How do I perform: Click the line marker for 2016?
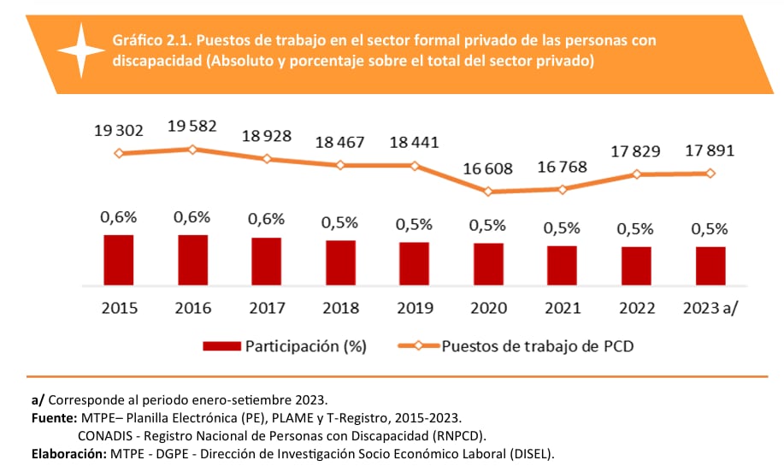pos(192,150)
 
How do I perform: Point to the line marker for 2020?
pos(488,192)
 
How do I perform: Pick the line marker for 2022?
pos(636,174)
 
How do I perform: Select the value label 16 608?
pos(487,168)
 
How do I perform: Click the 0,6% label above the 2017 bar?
pos(266,220)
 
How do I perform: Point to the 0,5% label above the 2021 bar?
pos(562,228)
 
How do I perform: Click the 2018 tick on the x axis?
pos(340,308)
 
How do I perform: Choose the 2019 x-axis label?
pos(414,308)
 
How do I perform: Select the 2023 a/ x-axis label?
pos(710,308)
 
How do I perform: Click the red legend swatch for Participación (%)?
pos(221,346)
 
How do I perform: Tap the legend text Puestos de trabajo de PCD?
pos(538,346)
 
